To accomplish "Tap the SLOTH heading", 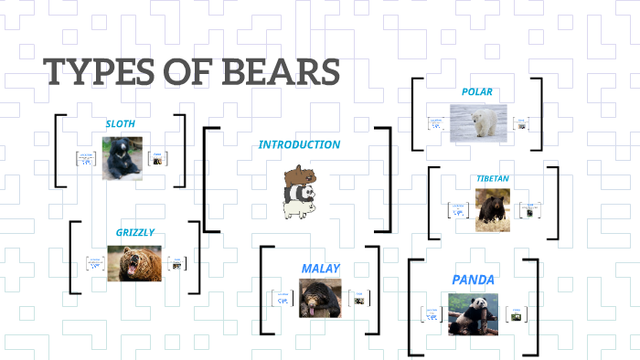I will pos(121,123).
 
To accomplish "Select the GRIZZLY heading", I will pos(135,232).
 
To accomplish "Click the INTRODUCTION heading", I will pos(299,144).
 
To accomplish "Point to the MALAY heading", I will pos(320,269).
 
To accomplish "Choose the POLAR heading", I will pos(476,91).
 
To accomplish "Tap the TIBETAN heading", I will pos(494,178).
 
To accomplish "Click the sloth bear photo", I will pos(122,157).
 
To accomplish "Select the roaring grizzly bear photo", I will pos(135,263).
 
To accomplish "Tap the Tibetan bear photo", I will pos(492,209).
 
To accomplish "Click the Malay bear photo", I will pos(320,297).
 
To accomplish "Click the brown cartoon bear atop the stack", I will pos(298,175).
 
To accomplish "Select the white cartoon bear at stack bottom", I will pos(298,209).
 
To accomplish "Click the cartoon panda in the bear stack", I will pos(298,193).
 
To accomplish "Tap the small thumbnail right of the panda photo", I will pos(517,315).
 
